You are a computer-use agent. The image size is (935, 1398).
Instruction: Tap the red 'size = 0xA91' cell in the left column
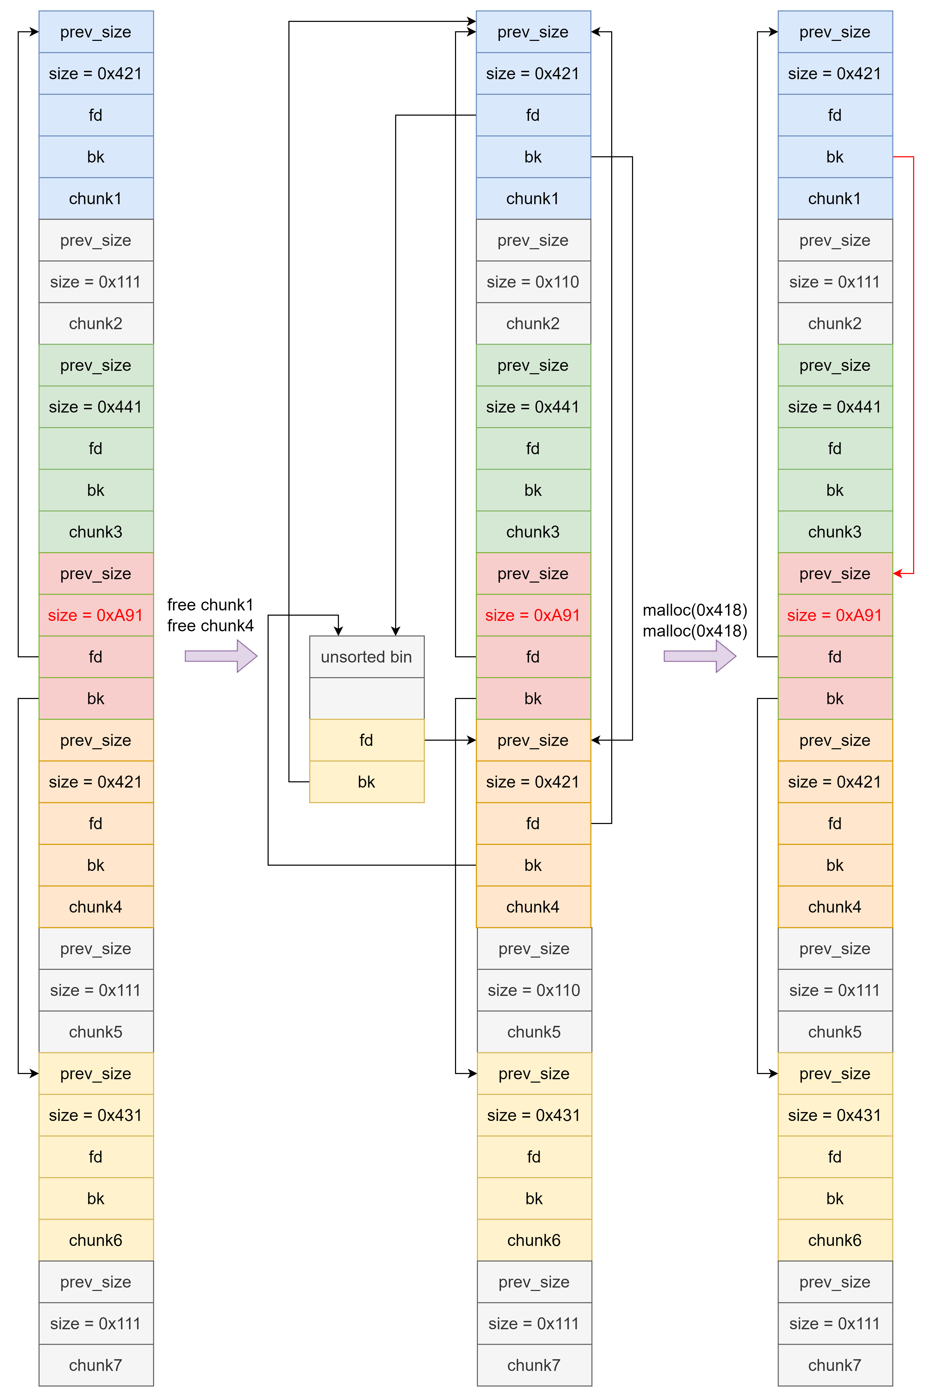coord(96,615)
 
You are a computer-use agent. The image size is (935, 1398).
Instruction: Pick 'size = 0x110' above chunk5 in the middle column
coord(534,990)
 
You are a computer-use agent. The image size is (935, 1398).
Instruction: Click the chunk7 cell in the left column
coord(96,1365)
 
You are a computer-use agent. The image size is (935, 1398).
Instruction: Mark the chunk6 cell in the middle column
coord(534,1240)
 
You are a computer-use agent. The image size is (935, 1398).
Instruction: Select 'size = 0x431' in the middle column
coord(534,1115)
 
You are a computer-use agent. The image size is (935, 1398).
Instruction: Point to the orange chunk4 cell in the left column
coord(96,907)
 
